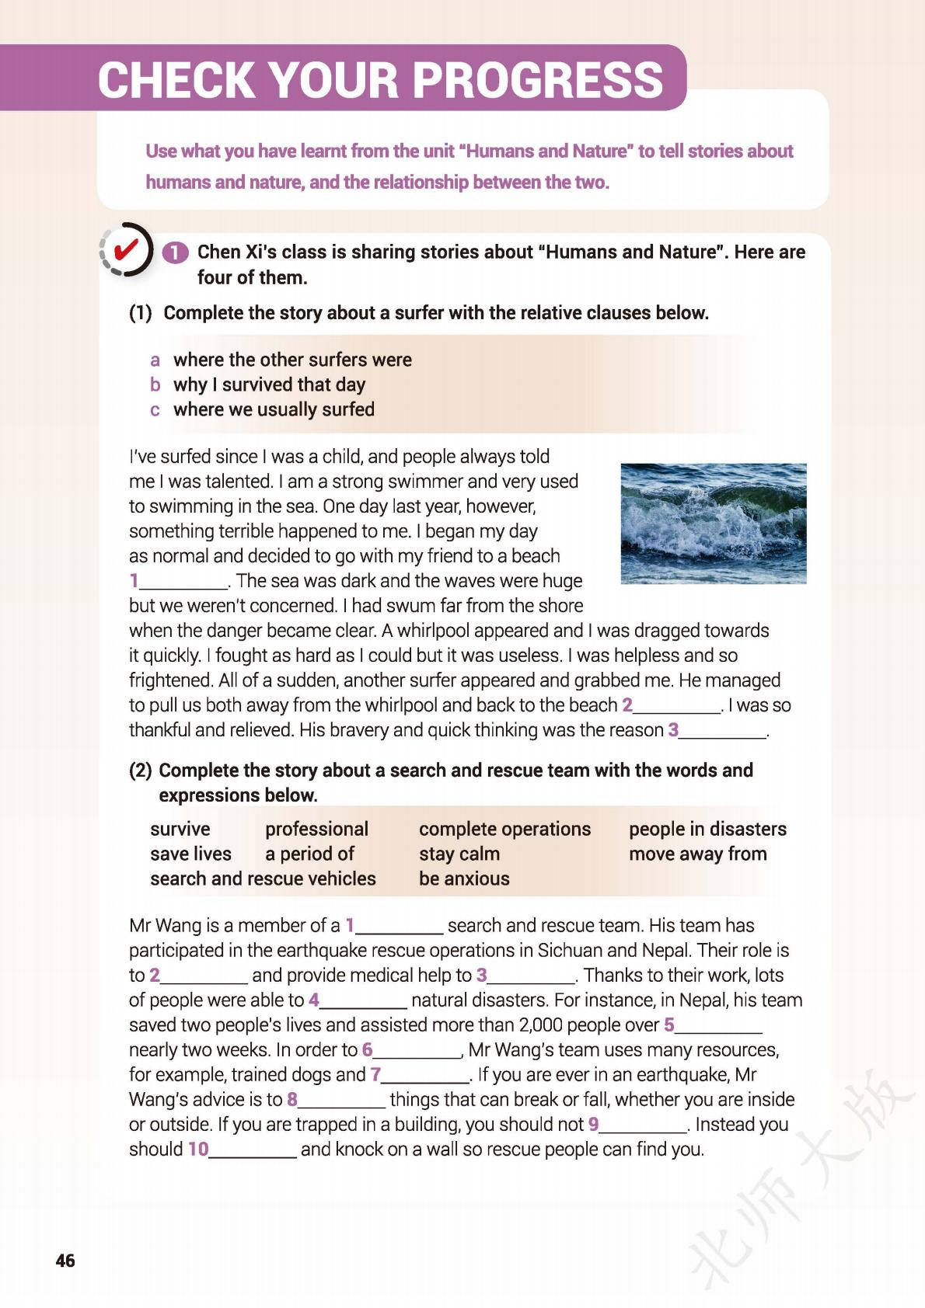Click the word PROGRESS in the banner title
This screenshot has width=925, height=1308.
(x=537, y=79)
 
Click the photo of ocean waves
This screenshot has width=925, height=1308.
(x=713, y=523)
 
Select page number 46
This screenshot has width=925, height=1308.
(x=65, y=1260)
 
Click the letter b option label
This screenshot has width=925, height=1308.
(x=155, y=384)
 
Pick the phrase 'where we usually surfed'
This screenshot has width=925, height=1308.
(x=274, y=409)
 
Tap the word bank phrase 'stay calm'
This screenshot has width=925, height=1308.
(x=459, y=854)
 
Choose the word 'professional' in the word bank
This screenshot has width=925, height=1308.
(x=316, y=829)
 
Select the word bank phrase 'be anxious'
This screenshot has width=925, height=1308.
(x=464, y=878)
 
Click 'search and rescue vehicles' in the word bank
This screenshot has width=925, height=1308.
(x=263, y=878)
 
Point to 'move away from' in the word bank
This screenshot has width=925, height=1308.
(x=697, y=854)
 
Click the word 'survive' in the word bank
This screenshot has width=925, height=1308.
(x=180, y=829)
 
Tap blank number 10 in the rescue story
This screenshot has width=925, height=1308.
(x=252, y=1151)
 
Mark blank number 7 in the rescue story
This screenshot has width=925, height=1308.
(x=425, y=1077)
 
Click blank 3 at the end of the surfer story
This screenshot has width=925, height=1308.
(x=723, y=732)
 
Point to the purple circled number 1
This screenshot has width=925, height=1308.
(x=175, y=252)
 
